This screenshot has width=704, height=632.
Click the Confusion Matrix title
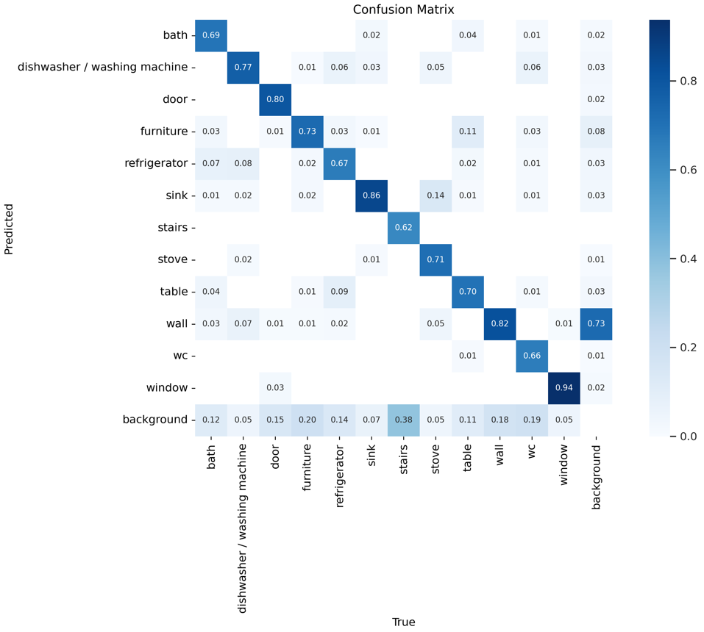click(403, 10)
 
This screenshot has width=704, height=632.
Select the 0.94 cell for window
click(563, 387)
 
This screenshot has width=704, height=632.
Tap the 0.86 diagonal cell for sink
click(371, 195)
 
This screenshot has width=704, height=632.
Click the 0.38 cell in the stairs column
click(403, 420)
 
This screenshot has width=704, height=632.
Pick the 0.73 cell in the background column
click(596, 323)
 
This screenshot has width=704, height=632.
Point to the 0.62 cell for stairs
click(403, 227)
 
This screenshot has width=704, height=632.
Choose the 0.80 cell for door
click(274, 98)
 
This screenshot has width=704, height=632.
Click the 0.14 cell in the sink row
click(435, 195)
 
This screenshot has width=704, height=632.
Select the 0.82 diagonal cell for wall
click(499, 323)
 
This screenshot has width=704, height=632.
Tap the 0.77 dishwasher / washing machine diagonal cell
click(242, 67)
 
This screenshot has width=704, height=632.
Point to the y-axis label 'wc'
click(179, 356)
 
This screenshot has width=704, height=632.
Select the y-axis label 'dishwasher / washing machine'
click(102, 67)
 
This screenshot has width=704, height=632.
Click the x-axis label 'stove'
click(435, 464)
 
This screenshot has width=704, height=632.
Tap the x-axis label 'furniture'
click(307, 472)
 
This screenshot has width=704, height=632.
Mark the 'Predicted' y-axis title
click(9, 227)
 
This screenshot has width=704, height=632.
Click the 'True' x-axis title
click(403, 622)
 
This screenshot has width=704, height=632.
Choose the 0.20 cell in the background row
click(307, 420)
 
